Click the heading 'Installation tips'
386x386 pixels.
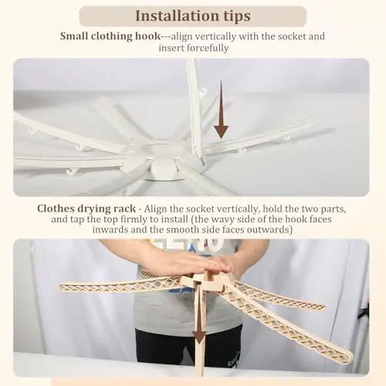tap(193, 16)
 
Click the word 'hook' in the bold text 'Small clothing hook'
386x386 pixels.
tap(148, 36)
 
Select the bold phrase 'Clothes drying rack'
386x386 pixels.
tap(86, 208)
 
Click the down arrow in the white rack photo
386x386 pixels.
tap(221, 110)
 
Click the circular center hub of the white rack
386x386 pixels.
tap(164, 160)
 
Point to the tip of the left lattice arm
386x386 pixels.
tap(60, 287)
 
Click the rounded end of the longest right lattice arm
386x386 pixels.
tap(350, 357)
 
